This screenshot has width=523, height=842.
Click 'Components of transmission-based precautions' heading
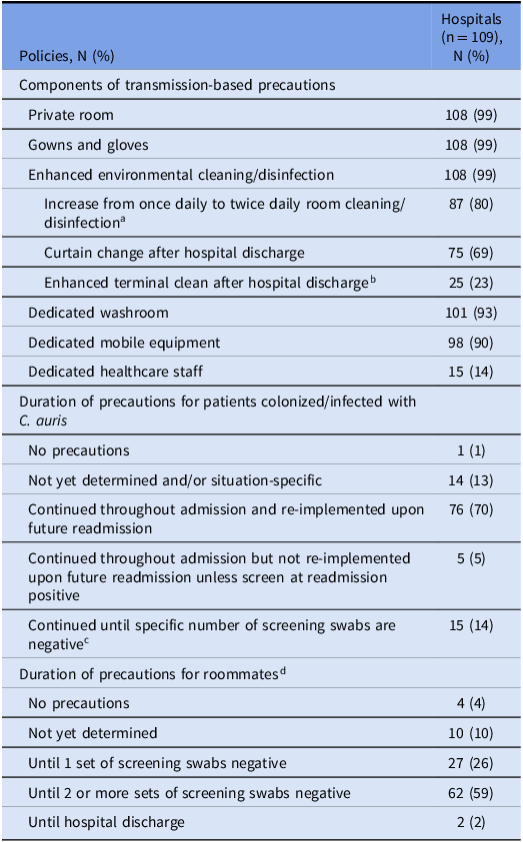pyautogui.click(x=177, y=85)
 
